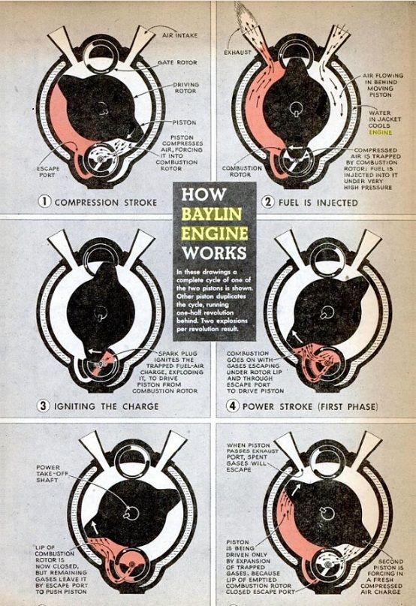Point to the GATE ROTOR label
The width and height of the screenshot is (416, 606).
(176, 62)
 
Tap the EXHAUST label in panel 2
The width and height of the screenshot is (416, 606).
(239, 53)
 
